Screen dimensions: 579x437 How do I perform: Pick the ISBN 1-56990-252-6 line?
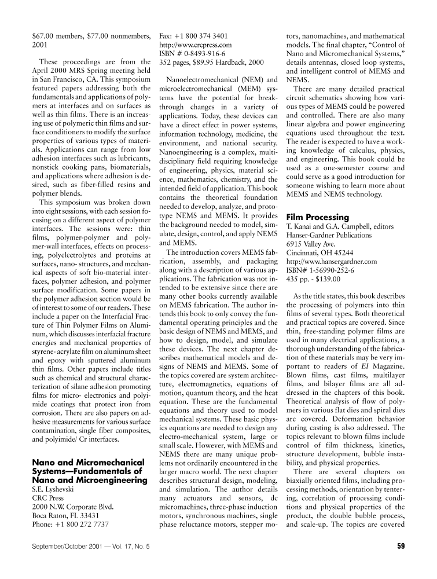321,271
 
